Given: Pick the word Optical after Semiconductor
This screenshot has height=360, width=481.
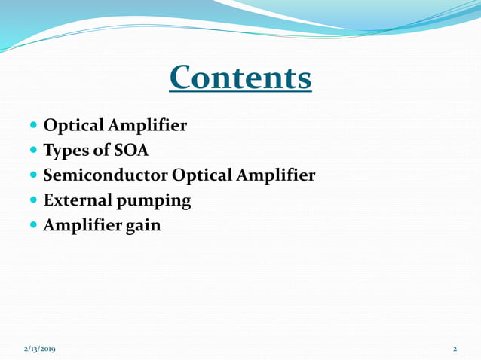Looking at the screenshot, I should pyautogui.click(x=203, y=175).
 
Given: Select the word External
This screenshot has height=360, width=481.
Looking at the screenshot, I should pyautogui.click(x=78, y=201).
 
